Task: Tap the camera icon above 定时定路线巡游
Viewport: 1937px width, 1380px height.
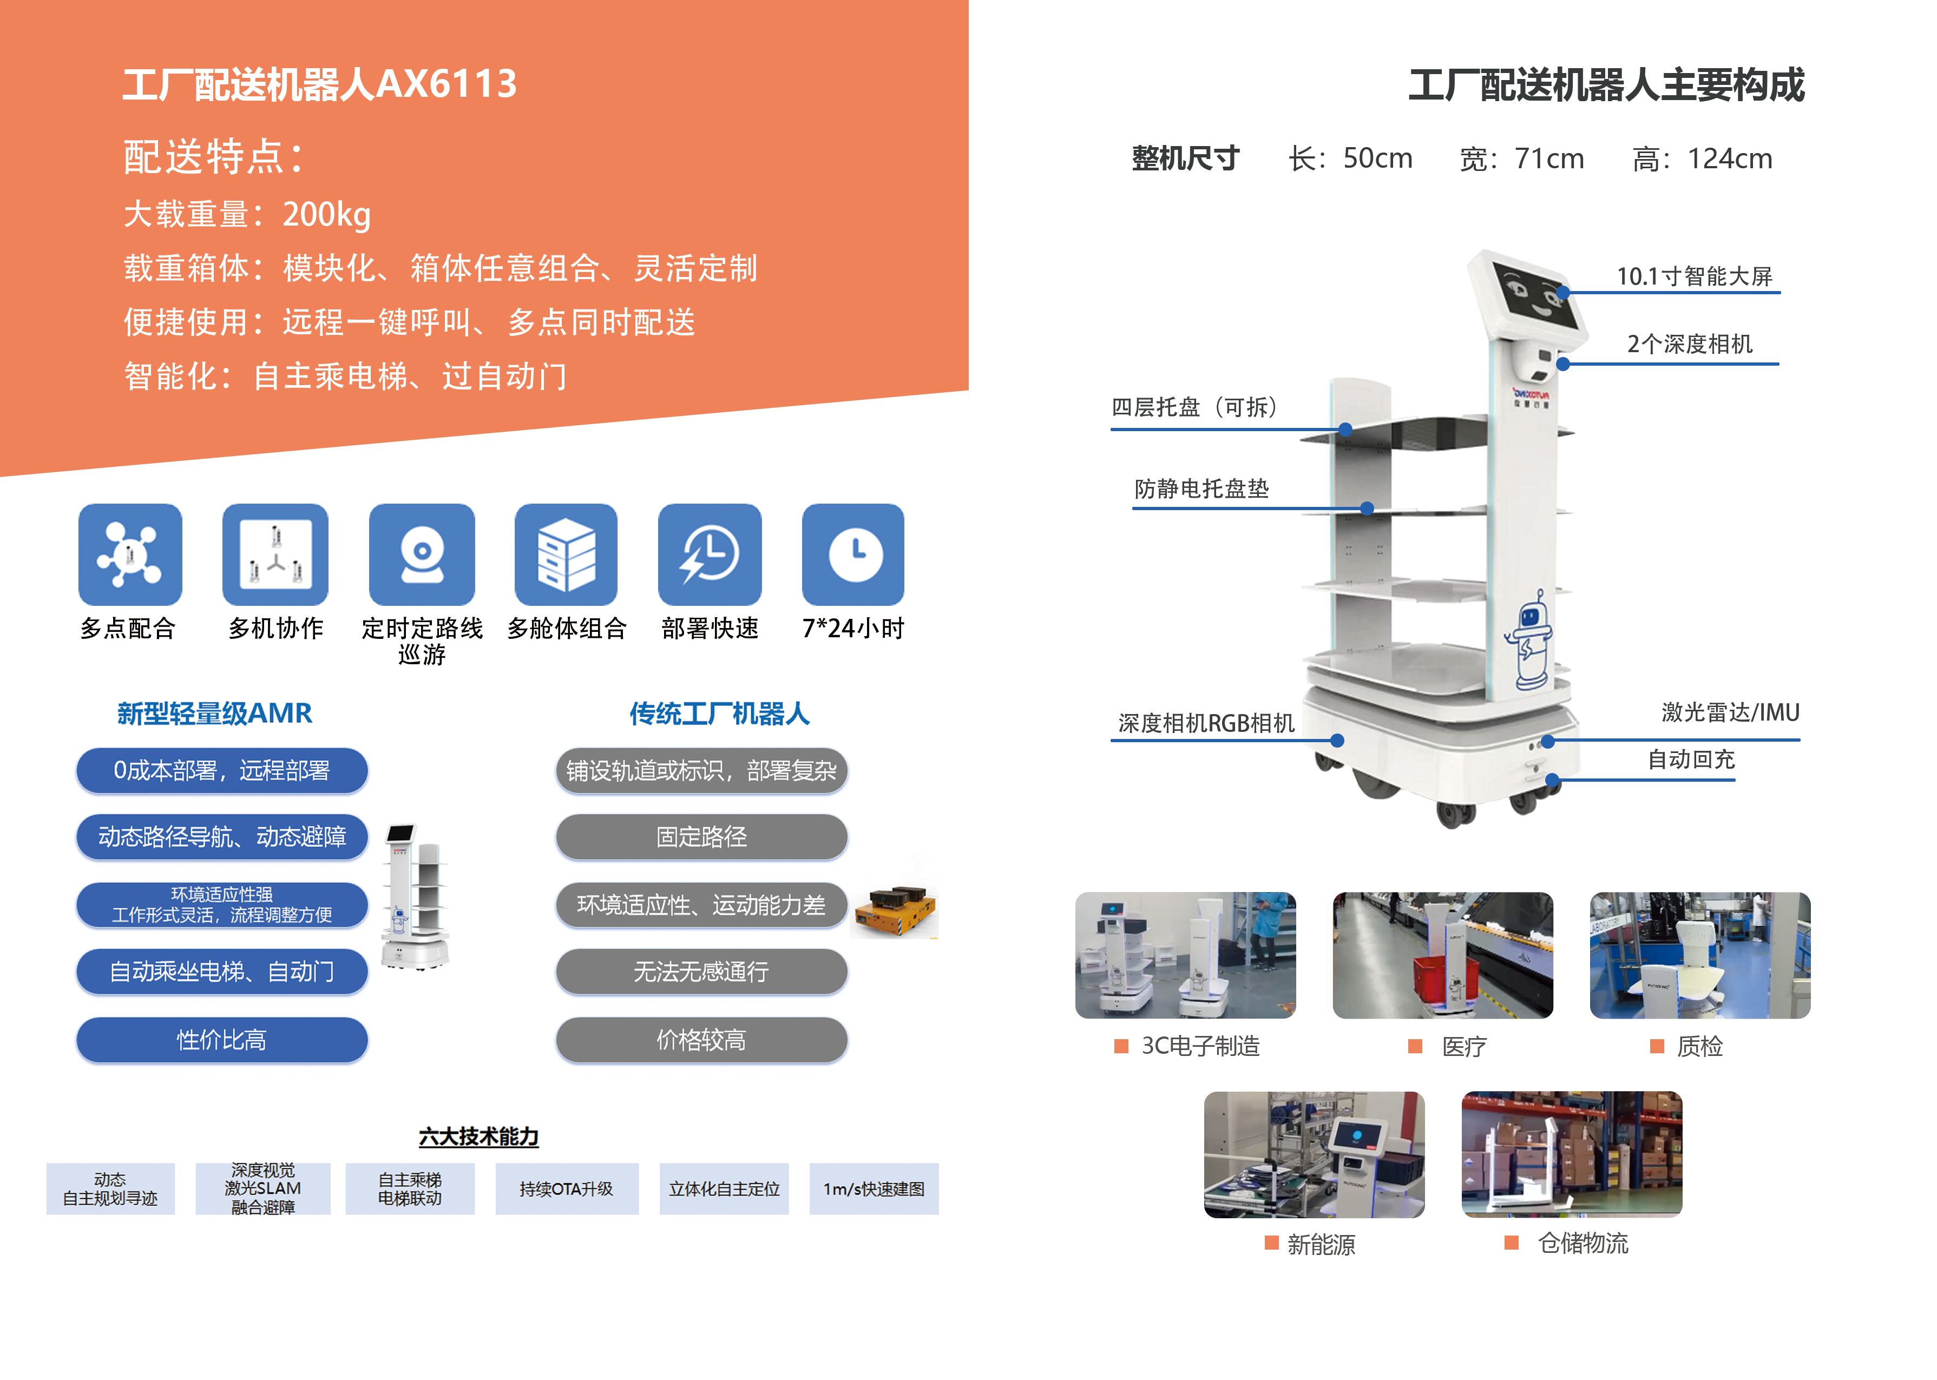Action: pyautogui.click(x=422, y=554)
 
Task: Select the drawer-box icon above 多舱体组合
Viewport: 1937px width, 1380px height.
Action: pyautogui.click(x=566, y=554)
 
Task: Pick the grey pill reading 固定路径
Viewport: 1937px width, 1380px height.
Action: pyautogui.click(x=701, y=837)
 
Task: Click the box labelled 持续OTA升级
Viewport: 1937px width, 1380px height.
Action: pyautogui.click(x=567, y=1189)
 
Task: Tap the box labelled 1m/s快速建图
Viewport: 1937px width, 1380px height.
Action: pyautogui.click(x=874, y=1189)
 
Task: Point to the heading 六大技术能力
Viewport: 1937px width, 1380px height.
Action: pyautogui.click(x=478, y=1136)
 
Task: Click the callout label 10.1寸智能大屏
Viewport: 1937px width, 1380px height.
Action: pyautogui.click(x=1694, y=276)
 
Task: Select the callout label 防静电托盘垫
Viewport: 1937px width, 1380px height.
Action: pyautogui.click(x=1201, y=488)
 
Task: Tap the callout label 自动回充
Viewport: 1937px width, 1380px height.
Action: pyautogui.click(x=1691, y=759)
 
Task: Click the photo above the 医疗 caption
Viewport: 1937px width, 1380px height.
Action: pyautogui.click(x=1442, y=955)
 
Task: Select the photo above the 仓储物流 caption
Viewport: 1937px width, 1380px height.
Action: pyautogui.click(x=1572, y=1154)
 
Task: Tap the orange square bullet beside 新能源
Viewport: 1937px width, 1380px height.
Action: pyautogui.click(x=1271, y=1243)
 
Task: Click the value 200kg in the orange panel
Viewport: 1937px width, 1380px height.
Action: pyautogui.click(x=326, y=215)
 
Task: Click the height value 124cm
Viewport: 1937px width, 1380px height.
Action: pyautogui.click(x=1730, y=159)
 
